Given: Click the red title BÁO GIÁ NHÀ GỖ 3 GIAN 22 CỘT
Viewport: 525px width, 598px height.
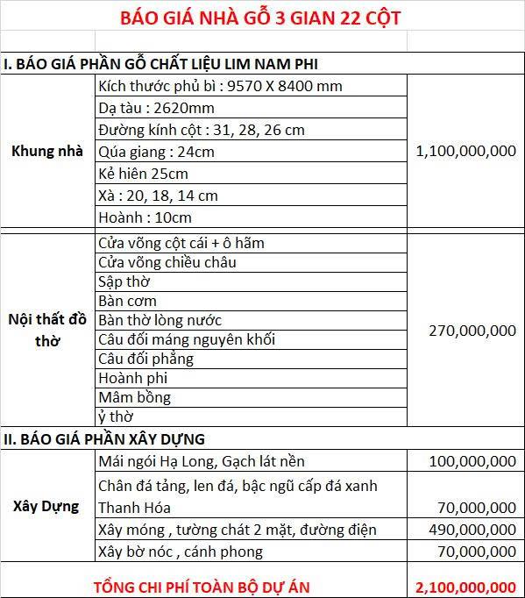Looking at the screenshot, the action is pyautogui.click(x=262, y=18).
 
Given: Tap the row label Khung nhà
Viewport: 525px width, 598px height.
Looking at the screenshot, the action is pyautogui.click(x=46, y=151).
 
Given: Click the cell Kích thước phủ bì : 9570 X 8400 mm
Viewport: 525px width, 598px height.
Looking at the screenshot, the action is pyautogui.click(x=220, y=86).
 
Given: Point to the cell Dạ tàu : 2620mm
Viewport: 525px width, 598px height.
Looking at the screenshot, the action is pyautogui.click(x=156, y=108).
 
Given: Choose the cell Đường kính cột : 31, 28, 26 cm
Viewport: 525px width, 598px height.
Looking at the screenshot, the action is pyautogui.click(x=202, y=130).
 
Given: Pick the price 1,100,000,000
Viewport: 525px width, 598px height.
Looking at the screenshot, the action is pyautogui.click(x=465, y=151).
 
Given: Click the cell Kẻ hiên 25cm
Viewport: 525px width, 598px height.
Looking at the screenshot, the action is pyautogui.click(x=143, y=173).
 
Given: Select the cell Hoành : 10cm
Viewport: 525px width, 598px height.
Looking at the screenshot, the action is pyautogui.click(x=145, y=217).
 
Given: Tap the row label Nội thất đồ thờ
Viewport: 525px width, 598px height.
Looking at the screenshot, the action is pyautogui.click(x=46, y=330).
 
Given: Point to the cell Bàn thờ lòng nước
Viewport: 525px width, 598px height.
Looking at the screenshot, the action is pyautogui.click(x=160, y=320).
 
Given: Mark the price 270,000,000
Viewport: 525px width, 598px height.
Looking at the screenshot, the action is pyautogui.click(x=472, y=331).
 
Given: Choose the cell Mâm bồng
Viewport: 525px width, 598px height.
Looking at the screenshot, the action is pyautogui.click(x=134, y=397).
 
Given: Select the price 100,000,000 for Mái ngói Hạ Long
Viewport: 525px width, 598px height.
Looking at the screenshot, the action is pyautogui.click(x=472, y=461).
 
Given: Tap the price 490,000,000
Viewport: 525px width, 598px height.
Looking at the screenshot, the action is pyautogui.click(x=472, y=529).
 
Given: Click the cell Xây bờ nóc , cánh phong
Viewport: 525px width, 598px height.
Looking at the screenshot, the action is pyautogui.click(x=180, y=552).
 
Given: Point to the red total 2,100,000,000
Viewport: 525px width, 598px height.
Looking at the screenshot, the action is pyautogui.click(x=465, y=586).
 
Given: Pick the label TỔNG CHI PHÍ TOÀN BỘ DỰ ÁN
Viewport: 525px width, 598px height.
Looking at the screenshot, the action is pyautogui.click(x=202, y=586).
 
